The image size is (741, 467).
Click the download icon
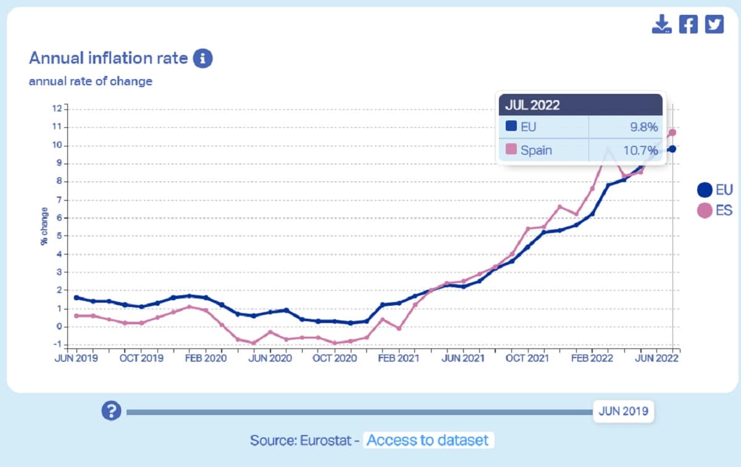coord(661,24)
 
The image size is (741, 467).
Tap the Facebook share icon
coord(688,24)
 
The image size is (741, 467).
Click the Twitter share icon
coord(714,24)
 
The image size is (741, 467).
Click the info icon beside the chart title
coord(203,59)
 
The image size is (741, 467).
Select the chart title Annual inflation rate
coord(108,58)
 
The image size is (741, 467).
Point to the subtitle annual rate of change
coord(90,81)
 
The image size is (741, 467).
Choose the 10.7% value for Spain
coord(640,149)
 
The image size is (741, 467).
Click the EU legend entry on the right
coord(714,190)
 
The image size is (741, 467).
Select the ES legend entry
coord(714,211)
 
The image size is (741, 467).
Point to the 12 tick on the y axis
coord(57,109)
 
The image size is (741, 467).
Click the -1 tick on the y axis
coord(57,344)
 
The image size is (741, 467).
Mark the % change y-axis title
coord(44,228)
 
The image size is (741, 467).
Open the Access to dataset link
coord(429,440)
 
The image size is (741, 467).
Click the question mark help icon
coord(111,411)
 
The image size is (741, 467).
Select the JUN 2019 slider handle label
coord(624,411)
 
